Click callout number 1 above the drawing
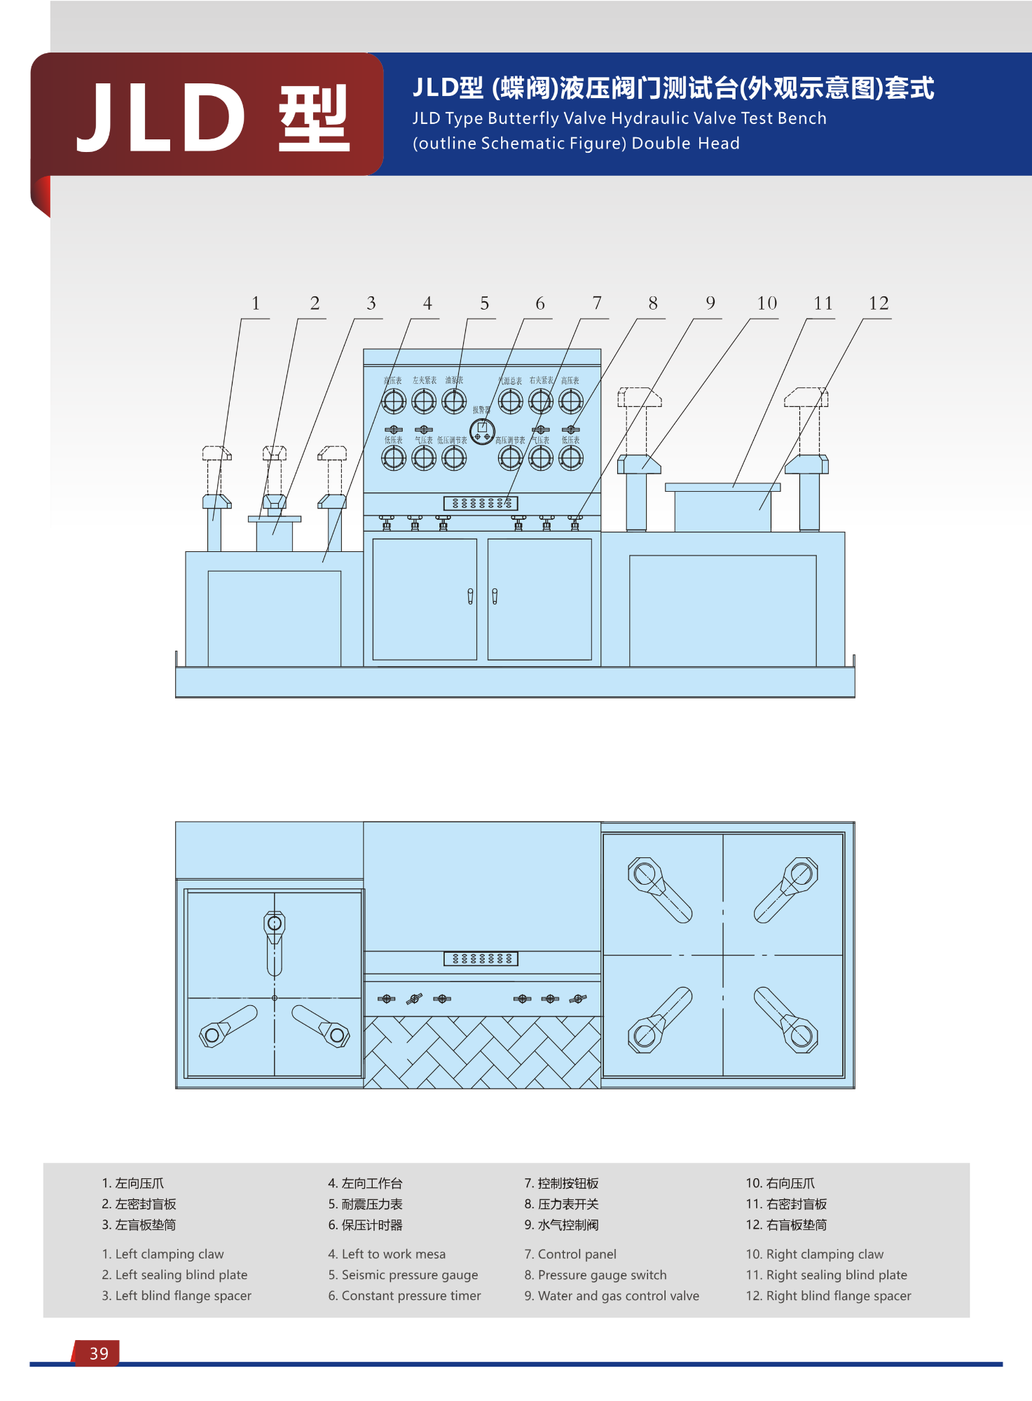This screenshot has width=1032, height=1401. pyautogui.click(x=256, y=303)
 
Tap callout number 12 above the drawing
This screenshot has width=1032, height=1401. pyautogui.click(x=879, y=303)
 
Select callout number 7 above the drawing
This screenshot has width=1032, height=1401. pyautogui.click(x=597, y=303)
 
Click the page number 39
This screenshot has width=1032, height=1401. pyautogui.click(x=99, y=1353)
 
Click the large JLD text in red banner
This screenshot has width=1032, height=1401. pyautogui.click(x=161, y=117)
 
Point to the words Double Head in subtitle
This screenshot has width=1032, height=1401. pyautogui.click(x=685, y=144)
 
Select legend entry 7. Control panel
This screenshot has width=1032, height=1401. pyautogui.click(x=570, y=1254)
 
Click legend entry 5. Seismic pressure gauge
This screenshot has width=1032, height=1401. pyautogui.click(x=403, y=1275)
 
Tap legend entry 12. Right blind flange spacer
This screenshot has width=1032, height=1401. pyautogui.click(x=828, y=1296)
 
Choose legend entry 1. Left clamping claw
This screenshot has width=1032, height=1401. pyautogui.click(x=163, y=1254)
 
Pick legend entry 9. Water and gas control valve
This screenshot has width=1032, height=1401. pyautogui.click(x=612, y=1296)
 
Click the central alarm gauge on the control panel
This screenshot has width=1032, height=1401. pyautogui.click(x=482, y=431)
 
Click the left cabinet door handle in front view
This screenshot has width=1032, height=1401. pyautogui.click(x=470, y=596)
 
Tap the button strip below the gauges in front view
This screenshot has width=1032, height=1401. pyautogui.click(x=481, y=503)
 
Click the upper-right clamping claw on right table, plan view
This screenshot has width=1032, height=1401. pyautogui.click(x=788, y=888)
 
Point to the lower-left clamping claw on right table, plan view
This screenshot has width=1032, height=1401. pyautogui.click(x=659, y=1021)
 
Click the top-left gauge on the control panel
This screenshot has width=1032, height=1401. pyautogui.click(x=394, y=401)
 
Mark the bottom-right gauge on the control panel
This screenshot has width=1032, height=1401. pyautogui.click(x=571, y=458)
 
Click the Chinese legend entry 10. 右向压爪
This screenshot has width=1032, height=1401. pyautogui.click(x=780, y=1183)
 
